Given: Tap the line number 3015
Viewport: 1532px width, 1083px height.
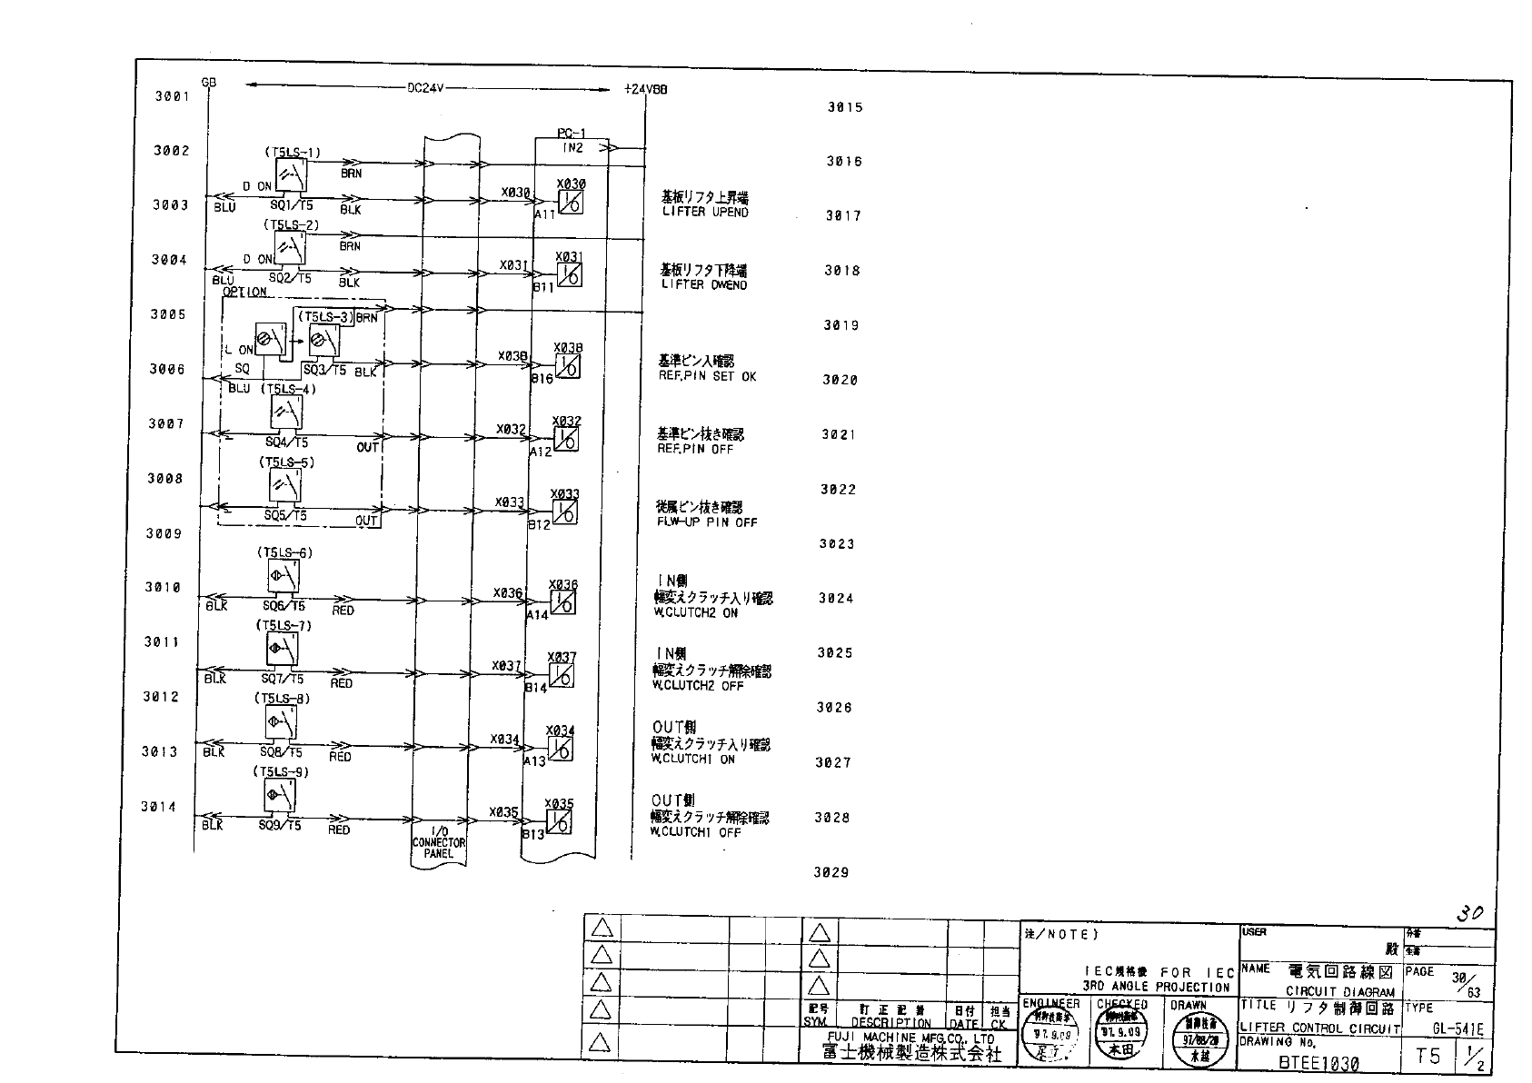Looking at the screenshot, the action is [x=844, y=107].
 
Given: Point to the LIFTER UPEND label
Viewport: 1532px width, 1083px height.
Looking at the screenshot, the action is [x=705, y=213].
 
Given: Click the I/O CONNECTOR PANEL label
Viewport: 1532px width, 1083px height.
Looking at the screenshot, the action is [x=439, y=842].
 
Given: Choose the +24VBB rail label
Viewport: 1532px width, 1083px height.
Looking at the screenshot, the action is [x=646, y=90].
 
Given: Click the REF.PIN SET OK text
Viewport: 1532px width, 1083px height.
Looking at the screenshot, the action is [x=707, y=376].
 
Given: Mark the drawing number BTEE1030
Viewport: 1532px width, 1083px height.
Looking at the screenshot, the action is [x=1318, y=1063].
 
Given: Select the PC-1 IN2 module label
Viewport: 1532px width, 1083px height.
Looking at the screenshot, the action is [x=572, y=141].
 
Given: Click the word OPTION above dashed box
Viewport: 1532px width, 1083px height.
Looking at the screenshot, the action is [x=245, y=292].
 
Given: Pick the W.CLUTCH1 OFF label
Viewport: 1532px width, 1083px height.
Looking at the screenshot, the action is [x=695, y=832].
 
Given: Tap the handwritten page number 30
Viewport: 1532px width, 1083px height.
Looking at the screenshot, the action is [x=1469, y=914].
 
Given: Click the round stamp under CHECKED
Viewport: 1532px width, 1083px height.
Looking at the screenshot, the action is [x=1122, y=1038].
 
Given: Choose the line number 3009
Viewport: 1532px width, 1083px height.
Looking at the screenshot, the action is [x=164, y=533].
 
